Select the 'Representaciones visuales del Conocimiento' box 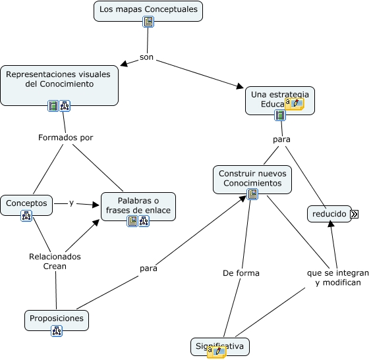(59, 80)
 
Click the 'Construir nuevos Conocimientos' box (252, 178)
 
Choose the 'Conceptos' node (26, 203)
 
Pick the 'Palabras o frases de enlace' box (138, 205)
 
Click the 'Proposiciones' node (56, 319)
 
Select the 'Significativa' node (219, 346)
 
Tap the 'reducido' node (329, 214)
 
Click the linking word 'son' (146, 57)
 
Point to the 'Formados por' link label (65, 138)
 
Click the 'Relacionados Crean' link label (55, 261)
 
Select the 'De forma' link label (241, 272)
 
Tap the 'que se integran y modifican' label (338, 277)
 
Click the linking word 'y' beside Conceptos (71, 203)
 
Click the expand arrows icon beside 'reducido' (355, 214)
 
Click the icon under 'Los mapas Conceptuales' (148, 22)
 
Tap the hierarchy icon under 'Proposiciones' (56, 331)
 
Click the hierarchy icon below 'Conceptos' (26, 215)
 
